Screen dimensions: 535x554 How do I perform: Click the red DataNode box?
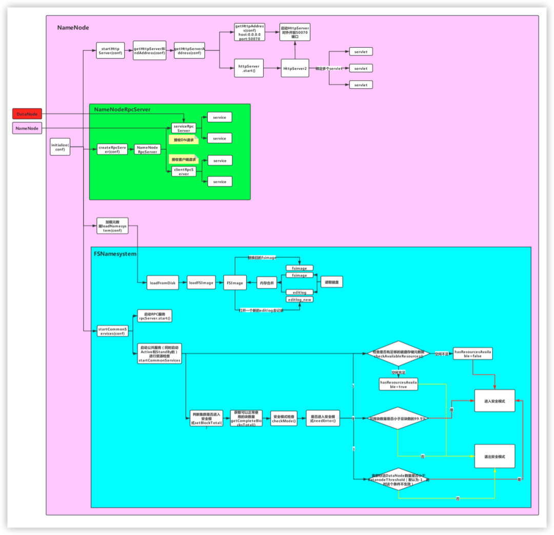coord(27,114)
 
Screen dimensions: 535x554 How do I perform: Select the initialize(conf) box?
coord(60,147)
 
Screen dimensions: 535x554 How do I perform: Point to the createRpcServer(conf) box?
coord(112,149)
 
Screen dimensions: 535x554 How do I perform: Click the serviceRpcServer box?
coord(184,128)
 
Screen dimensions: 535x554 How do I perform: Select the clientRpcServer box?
coord(184,171)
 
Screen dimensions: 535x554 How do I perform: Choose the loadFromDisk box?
coord(163,283)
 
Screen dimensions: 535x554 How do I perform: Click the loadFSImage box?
coord(201,283)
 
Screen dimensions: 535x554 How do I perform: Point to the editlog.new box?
coord(300,299)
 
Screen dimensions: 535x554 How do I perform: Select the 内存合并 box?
coord(266,282)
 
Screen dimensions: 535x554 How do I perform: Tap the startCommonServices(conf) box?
coord(112,331)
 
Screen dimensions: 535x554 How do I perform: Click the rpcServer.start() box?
coord(154,316)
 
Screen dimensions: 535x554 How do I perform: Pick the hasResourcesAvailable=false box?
coord(473,354)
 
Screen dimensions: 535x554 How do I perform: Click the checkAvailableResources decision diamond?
coord(399,354)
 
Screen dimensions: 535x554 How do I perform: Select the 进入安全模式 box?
coord(494,401)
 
